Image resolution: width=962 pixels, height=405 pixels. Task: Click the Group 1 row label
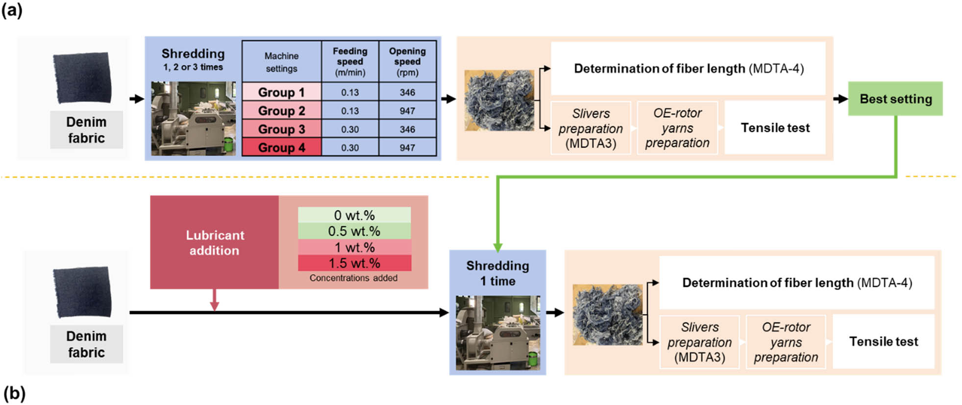tap(281, 92)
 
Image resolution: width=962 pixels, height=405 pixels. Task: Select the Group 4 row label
tap(281, 148)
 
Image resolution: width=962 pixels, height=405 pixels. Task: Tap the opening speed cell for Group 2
tap(407, 111)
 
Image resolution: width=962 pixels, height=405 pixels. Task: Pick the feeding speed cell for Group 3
tap(350, 129)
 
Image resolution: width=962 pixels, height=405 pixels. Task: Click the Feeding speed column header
tap(350, 62)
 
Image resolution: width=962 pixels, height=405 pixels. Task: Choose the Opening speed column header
tap(407, 62)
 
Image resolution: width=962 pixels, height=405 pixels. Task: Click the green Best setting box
tap(895, 99)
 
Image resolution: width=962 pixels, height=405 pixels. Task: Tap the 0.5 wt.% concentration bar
tap(354, 231)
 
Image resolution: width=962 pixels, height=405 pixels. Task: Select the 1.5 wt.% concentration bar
tap(354, 263)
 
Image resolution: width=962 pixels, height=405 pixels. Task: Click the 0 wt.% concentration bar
tap(354, 215)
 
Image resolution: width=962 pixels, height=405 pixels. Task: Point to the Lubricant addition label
tap(215, 242)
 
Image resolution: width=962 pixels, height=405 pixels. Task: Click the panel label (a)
tap(12, 10)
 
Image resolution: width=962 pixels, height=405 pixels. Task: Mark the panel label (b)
tap(14, 393)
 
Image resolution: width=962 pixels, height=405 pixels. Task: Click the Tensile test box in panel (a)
tap(775, 128)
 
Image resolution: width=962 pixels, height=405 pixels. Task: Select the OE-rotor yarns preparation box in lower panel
tap(786, 342)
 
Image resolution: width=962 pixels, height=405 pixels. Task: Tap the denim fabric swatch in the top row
tap(83, 78)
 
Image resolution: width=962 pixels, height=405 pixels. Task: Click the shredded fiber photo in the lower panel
tap(608, 315)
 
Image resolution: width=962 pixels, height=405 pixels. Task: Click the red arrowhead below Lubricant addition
tap(214, 306)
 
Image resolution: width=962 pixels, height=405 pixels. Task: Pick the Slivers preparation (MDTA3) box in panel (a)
tap(591, 128)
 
